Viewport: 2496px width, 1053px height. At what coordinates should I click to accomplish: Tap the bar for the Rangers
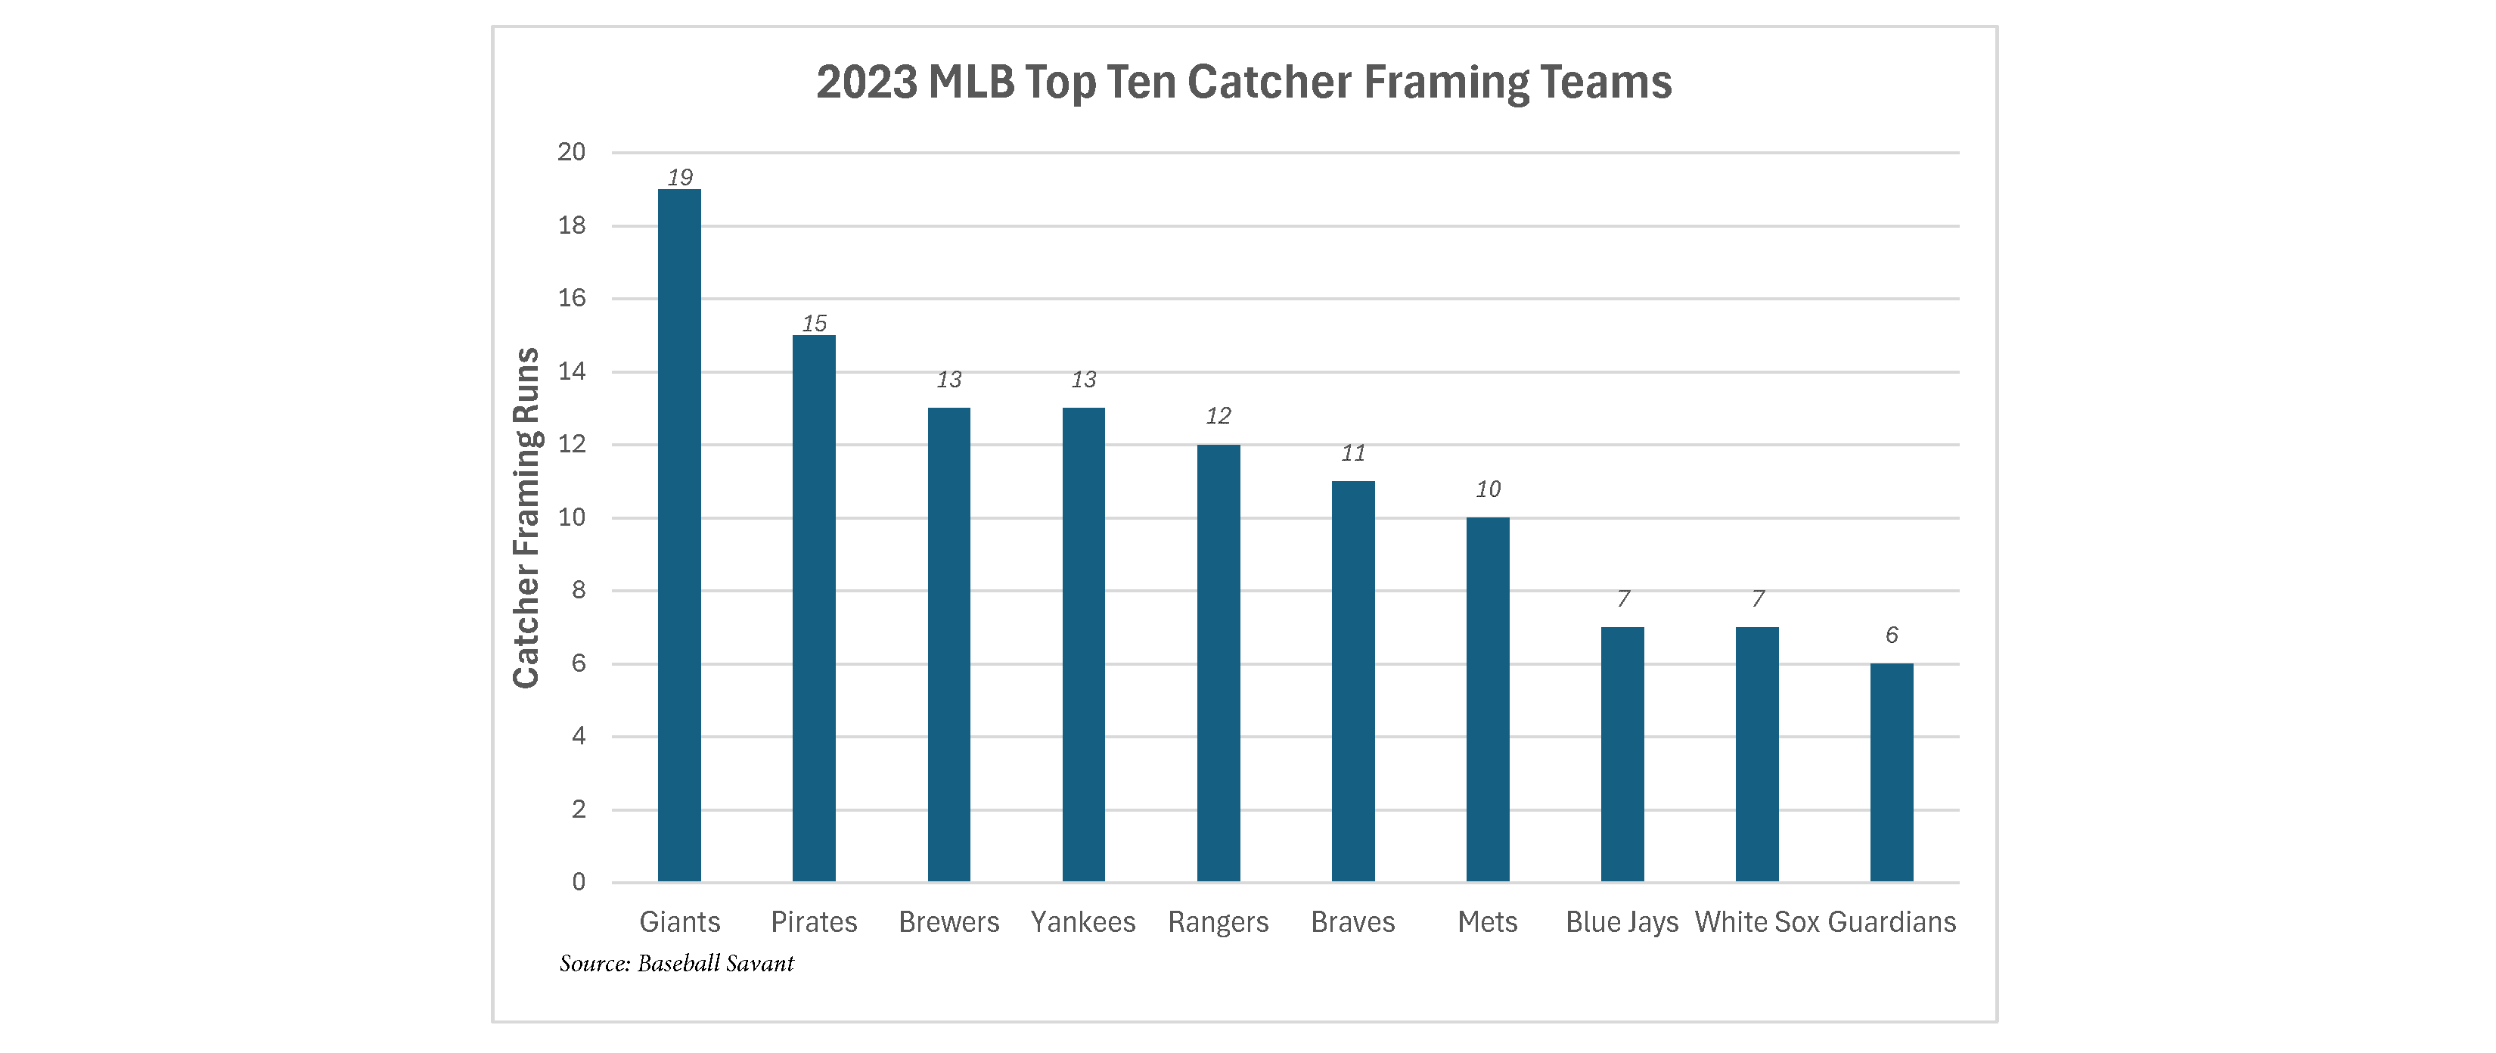click(x=1218, y=663)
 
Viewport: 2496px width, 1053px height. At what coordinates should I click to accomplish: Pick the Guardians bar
click(x=1892, y=772)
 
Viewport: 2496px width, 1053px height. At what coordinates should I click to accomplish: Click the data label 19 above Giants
click(x=679, y=177)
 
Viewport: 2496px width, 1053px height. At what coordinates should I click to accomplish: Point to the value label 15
click(x=814, y=324)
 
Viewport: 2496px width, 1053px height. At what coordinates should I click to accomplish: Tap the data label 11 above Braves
click(x=1352, y=452)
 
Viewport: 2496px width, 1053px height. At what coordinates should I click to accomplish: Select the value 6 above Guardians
click(x=1892, y=635)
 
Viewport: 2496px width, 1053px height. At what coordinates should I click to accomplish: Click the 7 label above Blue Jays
click(x=1623, y=598)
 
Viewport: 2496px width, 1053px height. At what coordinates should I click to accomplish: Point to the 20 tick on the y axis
click(x=572, y=152)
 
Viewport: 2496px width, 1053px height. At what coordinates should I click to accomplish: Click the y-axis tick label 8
click(x=579, y=590)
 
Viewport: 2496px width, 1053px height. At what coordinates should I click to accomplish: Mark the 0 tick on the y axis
click(x=579, y=881)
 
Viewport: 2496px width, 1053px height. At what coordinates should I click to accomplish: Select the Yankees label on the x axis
click(x=1083, y=921)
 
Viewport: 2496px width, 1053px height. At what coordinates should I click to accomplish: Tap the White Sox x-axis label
click(x=1757, y=921)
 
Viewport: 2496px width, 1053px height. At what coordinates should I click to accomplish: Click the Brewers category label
click(x=948, y=921)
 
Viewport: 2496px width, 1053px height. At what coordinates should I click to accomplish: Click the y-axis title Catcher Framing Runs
click(x=526, y=517)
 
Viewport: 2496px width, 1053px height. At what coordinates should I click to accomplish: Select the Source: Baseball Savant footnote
click(x=676, y=963)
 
